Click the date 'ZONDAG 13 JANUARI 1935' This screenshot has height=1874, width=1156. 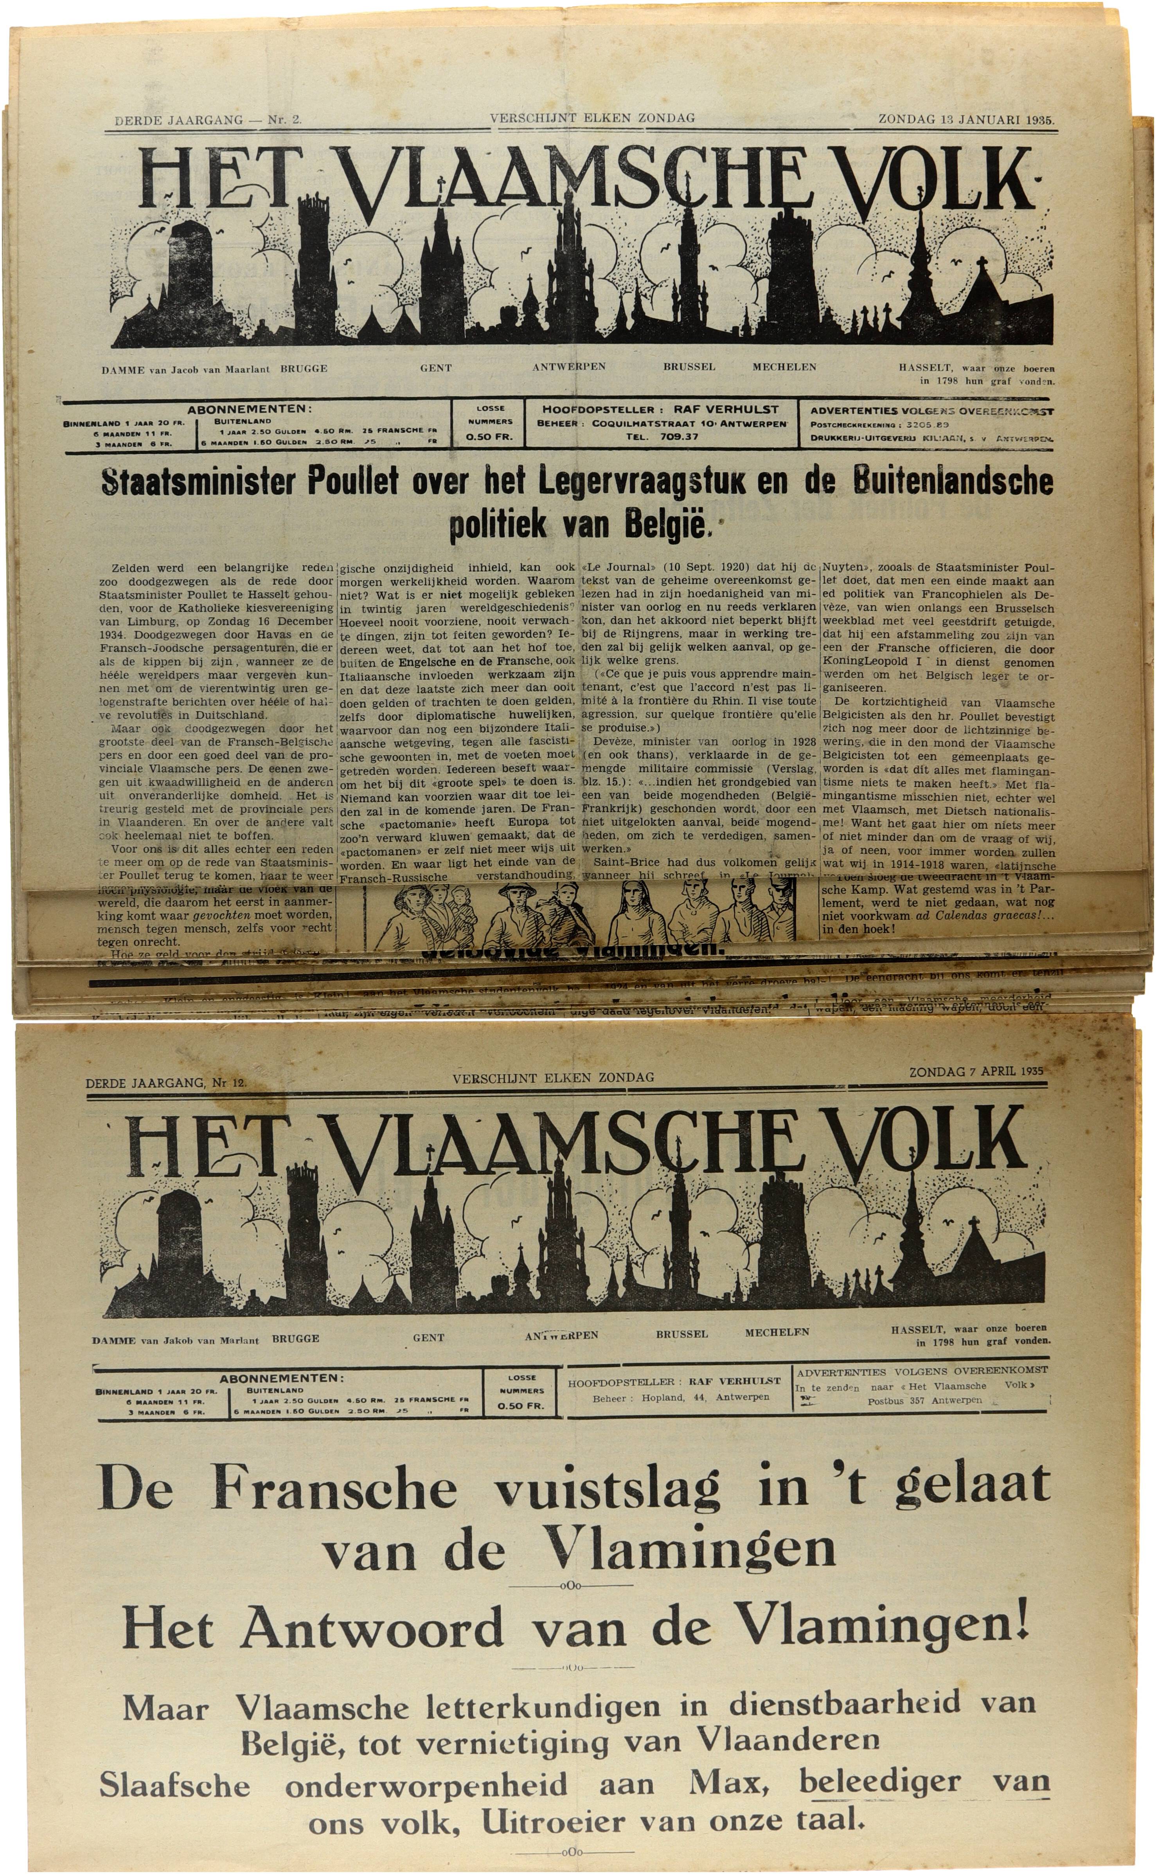(965, 119)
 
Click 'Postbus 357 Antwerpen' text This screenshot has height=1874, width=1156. (924, 1400)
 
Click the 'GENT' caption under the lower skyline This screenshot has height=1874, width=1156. (428, 1337)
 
